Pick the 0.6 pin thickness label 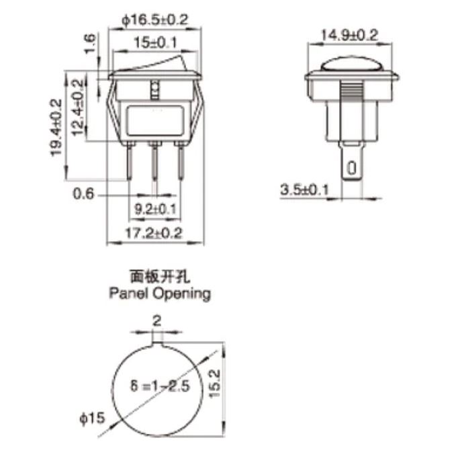point(83,195)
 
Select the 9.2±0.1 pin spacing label point(155,210)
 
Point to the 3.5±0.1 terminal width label point(305,190)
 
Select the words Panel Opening point(159,293)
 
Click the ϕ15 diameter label point(91,418)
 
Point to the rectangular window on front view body point(155,121)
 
